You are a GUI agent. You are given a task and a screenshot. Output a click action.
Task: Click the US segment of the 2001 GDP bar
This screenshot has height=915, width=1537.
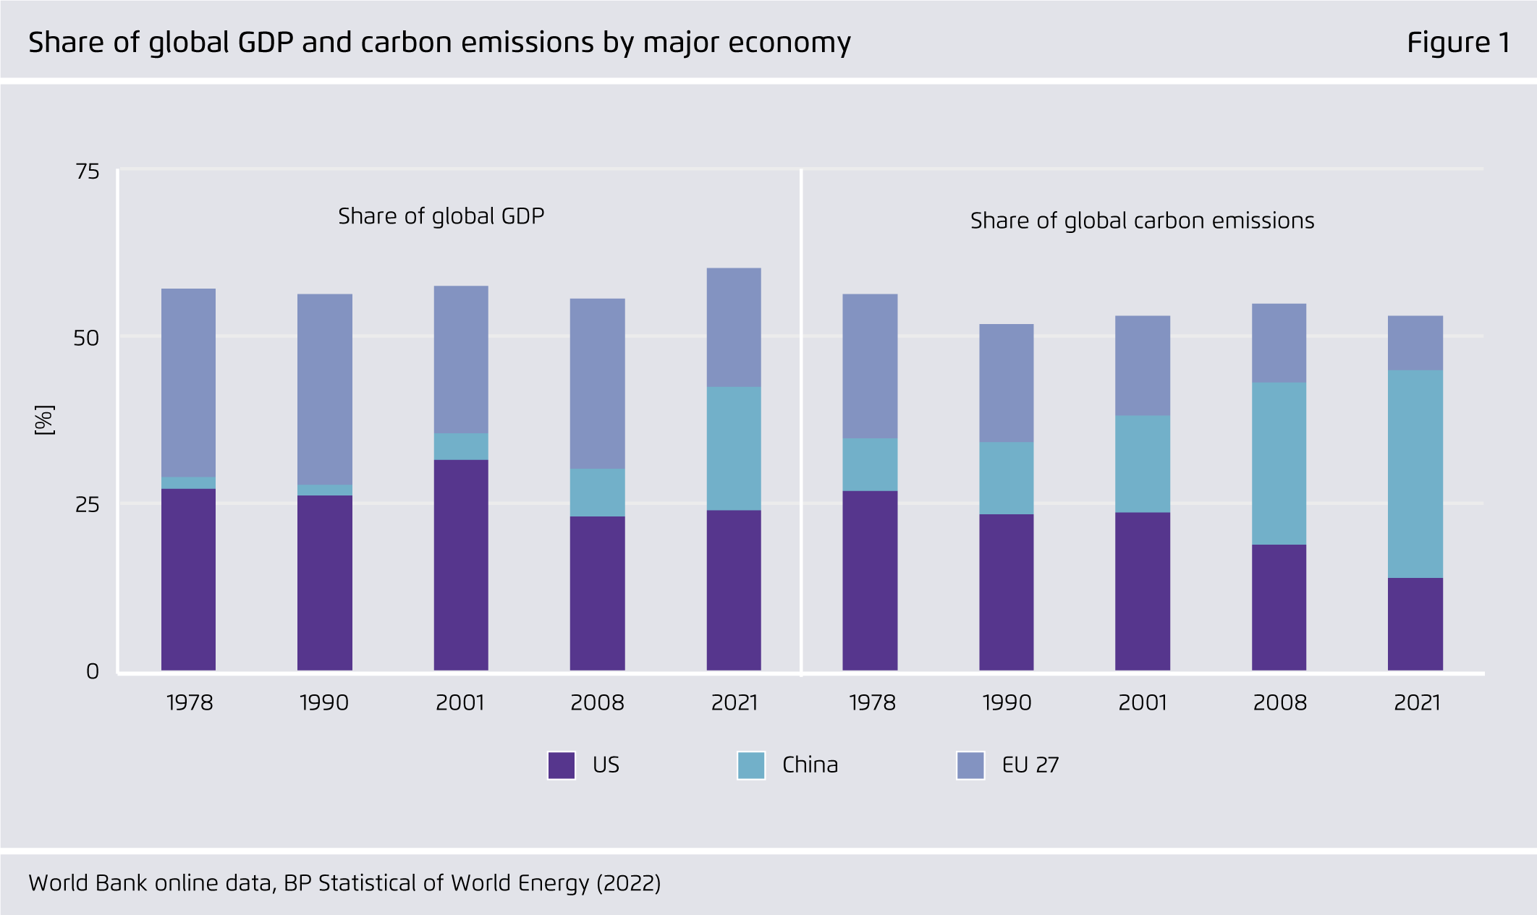click(461, 564)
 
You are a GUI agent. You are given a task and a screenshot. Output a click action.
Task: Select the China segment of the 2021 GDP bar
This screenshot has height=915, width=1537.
click(734, 448)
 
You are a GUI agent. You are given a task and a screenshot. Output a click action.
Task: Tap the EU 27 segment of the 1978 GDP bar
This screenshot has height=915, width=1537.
click(188, 383)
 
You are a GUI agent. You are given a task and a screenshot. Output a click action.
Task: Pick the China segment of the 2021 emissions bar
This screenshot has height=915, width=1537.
click(1415, 474)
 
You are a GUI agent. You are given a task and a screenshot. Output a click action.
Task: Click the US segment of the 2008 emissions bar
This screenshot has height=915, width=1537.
click(1279, 607)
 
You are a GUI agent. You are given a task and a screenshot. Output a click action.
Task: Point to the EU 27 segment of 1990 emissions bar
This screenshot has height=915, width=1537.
click(1006, 383)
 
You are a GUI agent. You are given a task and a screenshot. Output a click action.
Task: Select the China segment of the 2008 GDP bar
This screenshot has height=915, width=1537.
click(597, 492)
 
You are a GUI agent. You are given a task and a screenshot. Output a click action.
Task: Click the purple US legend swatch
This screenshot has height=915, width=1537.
click(562, 765)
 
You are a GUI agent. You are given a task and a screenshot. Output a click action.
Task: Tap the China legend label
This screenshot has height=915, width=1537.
click(810, 765)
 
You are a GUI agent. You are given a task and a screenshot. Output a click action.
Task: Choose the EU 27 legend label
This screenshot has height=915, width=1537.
click(1030, 765)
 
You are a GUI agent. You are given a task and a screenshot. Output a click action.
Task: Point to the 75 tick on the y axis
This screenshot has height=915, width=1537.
click(88, 171)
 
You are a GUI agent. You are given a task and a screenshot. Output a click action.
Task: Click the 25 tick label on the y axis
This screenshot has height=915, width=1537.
click(88, 504)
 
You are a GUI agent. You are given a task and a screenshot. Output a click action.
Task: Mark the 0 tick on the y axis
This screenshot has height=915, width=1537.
click(93, 672)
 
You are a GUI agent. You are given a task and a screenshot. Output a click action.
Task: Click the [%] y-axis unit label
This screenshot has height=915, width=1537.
click(45, 420)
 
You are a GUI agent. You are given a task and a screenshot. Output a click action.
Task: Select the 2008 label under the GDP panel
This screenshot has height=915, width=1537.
click(597, 702)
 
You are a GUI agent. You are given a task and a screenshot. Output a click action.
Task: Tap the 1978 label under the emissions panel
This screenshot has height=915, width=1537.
click(872, 702)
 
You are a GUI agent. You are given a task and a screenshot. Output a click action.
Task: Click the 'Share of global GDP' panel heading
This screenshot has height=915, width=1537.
click(441, 216)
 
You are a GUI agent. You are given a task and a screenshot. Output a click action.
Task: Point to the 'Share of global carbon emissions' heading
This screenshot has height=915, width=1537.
click(1142, 221)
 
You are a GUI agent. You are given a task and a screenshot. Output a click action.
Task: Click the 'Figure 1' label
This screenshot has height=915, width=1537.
click(1458, 43)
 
